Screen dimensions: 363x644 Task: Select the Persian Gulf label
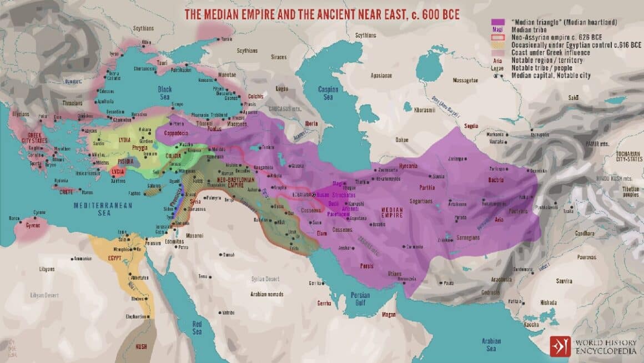tap(361, 299)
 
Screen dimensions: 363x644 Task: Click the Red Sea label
tap(197, 327)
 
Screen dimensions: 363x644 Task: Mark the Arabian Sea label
tap(491, 345)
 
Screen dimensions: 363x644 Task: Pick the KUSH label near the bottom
tap(142, 347)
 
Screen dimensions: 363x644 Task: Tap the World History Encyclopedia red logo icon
tap(560, 345)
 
